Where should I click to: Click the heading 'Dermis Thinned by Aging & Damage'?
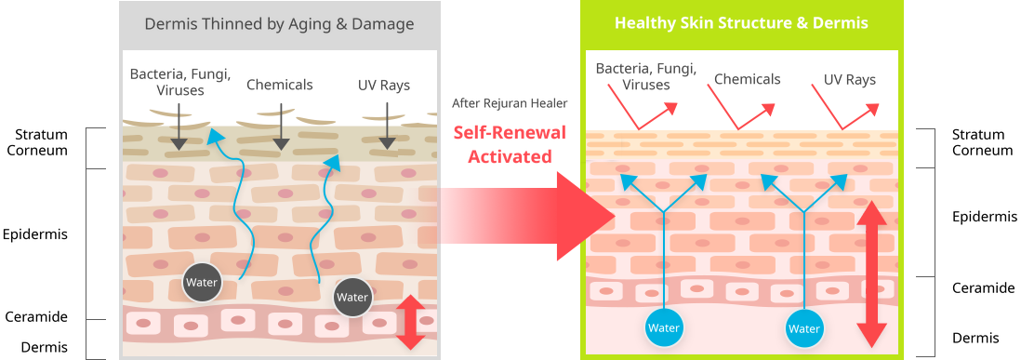279,25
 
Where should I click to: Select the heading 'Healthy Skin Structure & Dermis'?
741,23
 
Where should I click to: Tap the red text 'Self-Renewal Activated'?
510,144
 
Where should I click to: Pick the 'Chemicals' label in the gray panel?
279,86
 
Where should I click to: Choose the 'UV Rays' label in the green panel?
849,80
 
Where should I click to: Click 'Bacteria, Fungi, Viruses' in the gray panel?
180,82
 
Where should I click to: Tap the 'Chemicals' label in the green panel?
747,79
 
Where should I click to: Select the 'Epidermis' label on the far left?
35,234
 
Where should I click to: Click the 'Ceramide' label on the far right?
983,287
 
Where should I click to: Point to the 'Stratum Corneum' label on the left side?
42,142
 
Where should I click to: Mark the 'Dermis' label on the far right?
975,338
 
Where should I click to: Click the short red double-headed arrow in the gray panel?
411,323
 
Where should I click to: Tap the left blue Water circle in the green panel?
664,328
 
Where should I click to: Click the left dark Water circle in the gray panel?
201,283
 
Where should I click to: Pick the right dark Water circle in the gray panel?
352,298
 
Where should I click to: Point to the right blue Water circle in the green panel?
803,328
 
